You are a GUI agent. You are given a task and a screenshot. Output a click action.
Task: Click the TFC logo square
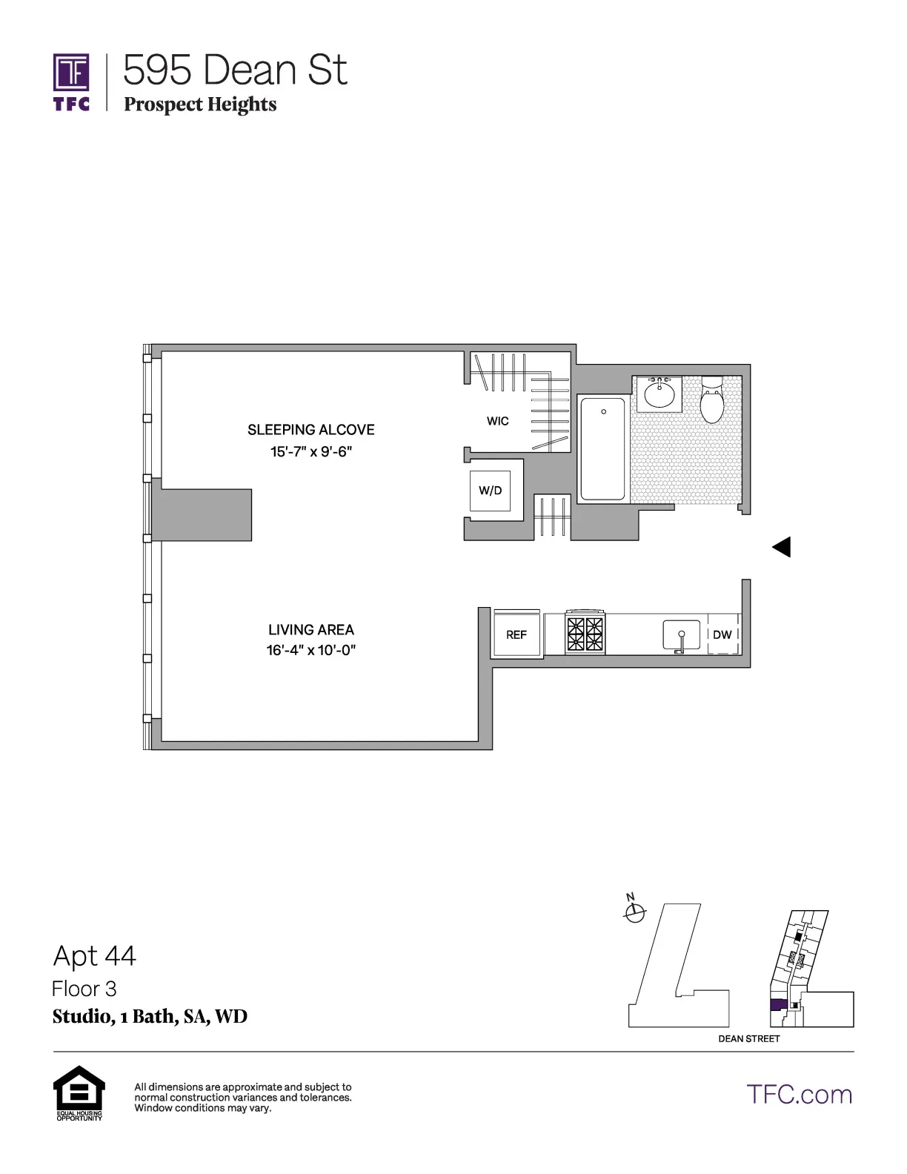click(x=71, y=73)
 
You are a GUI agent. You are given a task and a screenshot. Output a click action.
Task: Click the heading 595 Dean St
click(x=235, y=70)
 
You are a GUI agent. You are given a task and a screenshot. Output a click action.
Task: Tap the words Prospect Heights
click(x=200, y=105)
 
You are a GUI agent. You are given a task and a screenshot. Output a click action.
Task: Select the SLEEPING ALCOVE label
click(x=310, y=430)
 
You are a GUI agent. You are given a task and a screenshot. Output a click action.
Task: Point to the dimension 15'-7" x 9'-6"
click(x=310, y=451)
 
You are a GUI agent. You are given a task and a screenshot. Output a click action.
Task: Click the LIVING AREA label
click(x=310, y=630)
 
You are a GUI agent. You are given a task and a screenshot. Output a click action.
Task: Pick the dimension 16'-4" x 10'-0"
click(x=311, y=651)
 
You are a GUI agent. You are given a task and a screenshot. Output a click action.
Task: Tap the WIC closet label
click(x=497, y=421)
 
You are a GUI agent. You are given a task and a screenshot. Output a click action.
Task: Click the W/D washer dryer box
click(x=490, y=491)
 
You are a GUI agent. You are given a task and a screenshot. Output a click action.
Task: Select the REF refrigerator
click(x=516, y=634)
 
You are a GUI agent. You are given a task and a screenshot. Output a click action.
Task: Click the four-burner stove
click(x=585, y=633)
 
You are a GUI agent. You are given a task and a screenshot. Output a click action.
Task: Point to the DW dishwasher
click(x=722, y=634)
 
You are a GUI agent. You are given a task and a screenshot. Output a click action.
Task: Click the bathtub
click(x=602, y=448)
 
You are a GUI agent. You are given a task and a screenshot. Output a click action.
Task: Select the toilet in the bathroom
click(x=711, y=400)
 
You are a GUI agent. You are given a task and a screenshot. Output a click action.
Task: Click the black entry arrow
click(x=782, y=547)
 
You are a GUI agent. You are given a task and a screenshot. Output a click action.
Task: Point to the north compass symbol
click(x=634, y=912)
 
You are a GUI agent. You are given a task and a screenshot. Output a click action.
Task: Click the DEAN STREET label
click(x=748, y=1038)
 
